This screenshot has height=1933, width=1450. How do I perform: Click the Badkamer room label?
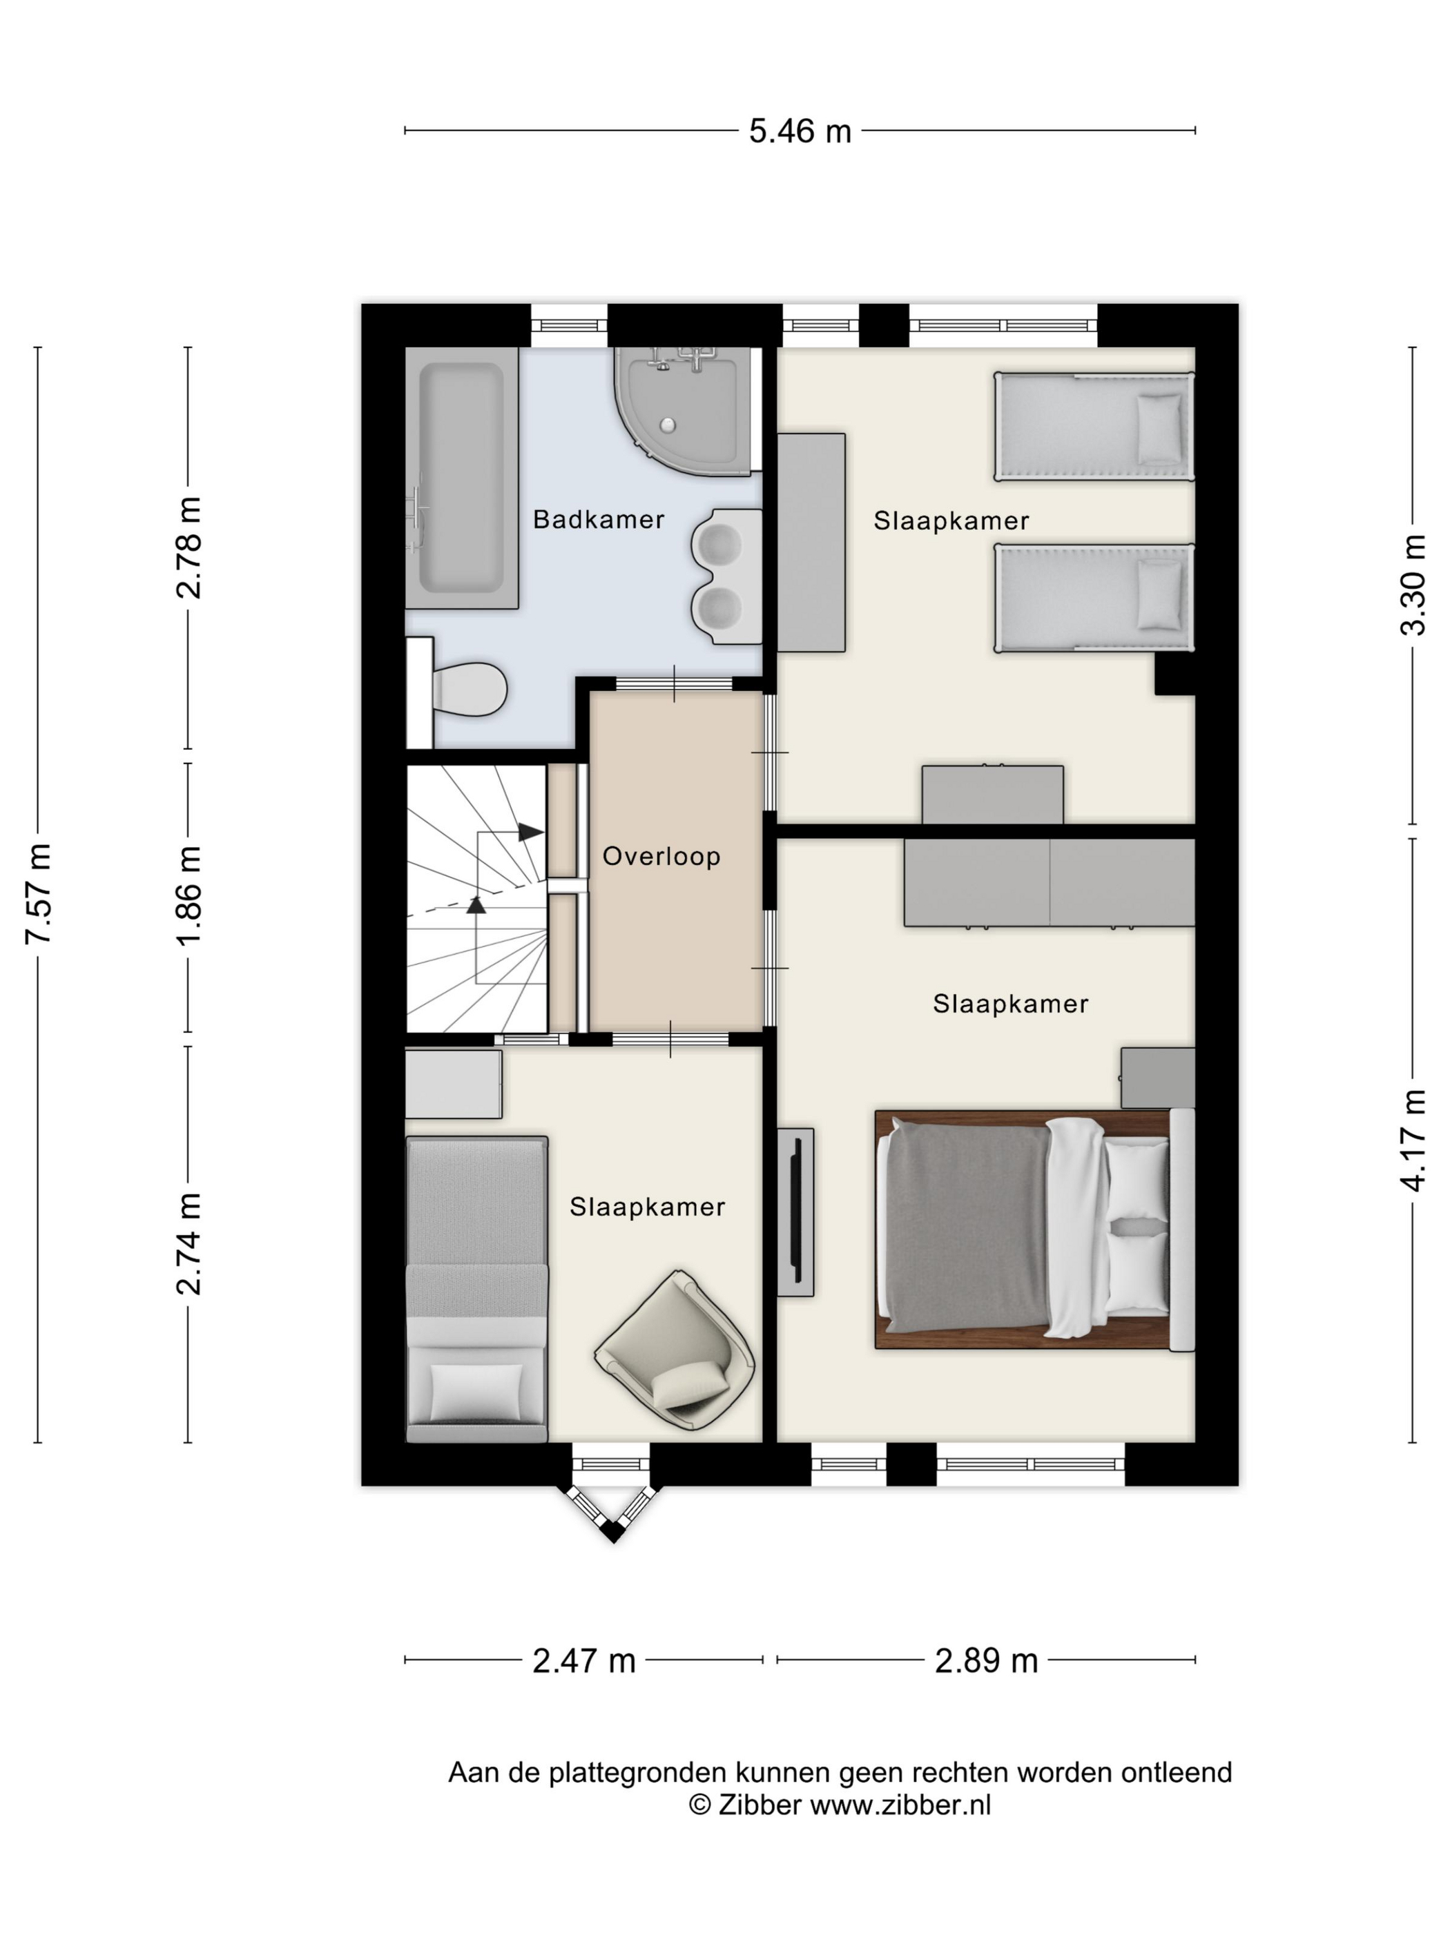pyautogui.click(x=599, y=519)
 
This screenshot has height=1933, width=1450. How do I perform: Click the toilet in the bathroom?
pyautogui.click(x=458, y=690)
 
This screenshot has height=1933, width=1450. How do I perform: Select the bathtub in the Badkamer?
pyautogui.click(x=461, y=478)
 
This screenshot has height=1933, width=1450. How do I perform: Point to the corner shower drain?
pyautogui.click(x=668, y=425)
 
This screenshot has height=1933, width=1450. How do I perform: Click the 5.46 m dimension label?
pyautogui.click(x=800, y=131)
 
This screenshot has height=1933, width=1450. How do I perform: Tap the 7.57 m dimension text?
pyautogui.click(x=39, y=893)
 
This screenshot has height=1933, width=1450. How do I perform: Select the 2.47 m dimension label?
pyautogui.click(x=584, y=1660)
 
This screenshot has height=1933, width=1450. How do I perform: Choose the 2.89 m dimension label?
pyautogui.click(x=986, y=1660)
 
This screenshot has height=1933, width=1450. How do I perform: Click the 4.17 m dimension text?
pyautogui.click(x=1413, y=1140)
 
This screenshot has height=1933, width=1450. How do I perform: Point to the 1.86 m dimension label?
pyautogui.click(x=188, y=895)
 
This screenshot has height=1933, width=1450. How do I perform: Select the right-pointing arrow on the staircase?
pyautogui.click(x=530, y=832)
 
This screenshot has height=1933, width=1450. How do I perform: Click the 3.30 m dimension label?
pyautogui.click(x=1413, y=585)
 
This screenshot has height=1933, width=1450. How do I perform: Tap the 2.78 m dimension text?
pyautogui.click(x=188, y=548)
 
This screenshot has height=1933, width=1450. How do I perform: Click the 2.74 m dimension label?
pyautogui.click(x=188, y=1243)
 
